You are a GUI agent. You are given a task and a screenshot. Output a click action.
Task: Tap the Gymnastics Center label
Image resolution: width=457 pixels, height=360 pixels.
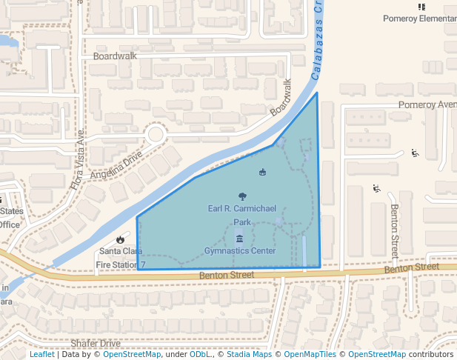coord(240,251)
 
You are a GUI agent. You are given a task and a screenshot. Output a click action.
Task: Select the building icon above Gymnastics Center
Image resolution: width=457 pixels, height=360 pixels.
coord(239,239)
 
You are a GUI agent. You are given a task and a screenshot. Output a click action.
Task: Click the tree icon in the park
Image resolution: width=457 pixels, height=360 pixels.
coord(242,196)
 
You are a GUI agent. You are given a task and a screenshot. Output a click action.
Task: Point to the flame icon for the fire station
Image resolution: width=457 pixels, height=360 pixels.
coord(120,239)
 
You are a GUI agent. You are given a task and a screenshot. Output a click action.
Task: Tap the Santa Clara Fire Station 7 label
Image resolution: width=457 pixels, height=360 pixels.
coord(120,258)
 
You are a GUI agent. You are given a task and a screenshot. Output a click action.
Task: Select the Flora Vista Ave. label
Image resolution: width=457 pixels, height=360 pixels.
coord(78,159)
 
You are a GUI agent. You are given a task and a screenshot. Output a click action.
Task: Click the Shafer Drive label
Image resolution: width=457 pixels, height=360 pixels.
coord(96,344)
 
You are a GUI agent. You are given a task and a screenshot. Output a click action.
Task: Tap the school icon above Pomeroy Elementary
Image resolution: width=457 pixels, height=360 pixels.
coord(421,7)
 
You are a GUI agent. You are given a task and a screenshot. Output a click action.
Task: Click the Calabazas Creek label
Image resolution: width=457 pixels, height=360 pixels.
coord(316,41)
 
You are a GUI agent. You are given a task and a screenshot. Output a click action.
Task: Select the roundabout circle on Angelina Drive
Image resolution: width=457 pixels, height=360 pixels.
coord(156,134)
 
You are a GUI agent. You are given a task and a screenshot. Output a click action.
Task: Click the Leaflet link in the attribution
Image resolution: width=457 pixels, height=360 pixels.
coord(41,354)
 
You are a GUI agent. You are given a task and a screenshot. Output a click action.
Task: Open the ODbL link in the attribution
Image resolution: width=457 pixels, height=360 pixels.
coord(200,354)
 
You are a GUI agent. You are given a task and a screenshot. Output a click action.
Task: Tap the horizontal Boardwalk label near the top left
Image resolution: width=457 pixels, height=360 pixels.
coord(116,56)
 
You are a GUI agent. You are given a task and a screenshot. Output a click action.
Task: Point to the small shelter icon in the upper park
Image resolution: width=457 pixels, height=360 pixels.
coord(262,173)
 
